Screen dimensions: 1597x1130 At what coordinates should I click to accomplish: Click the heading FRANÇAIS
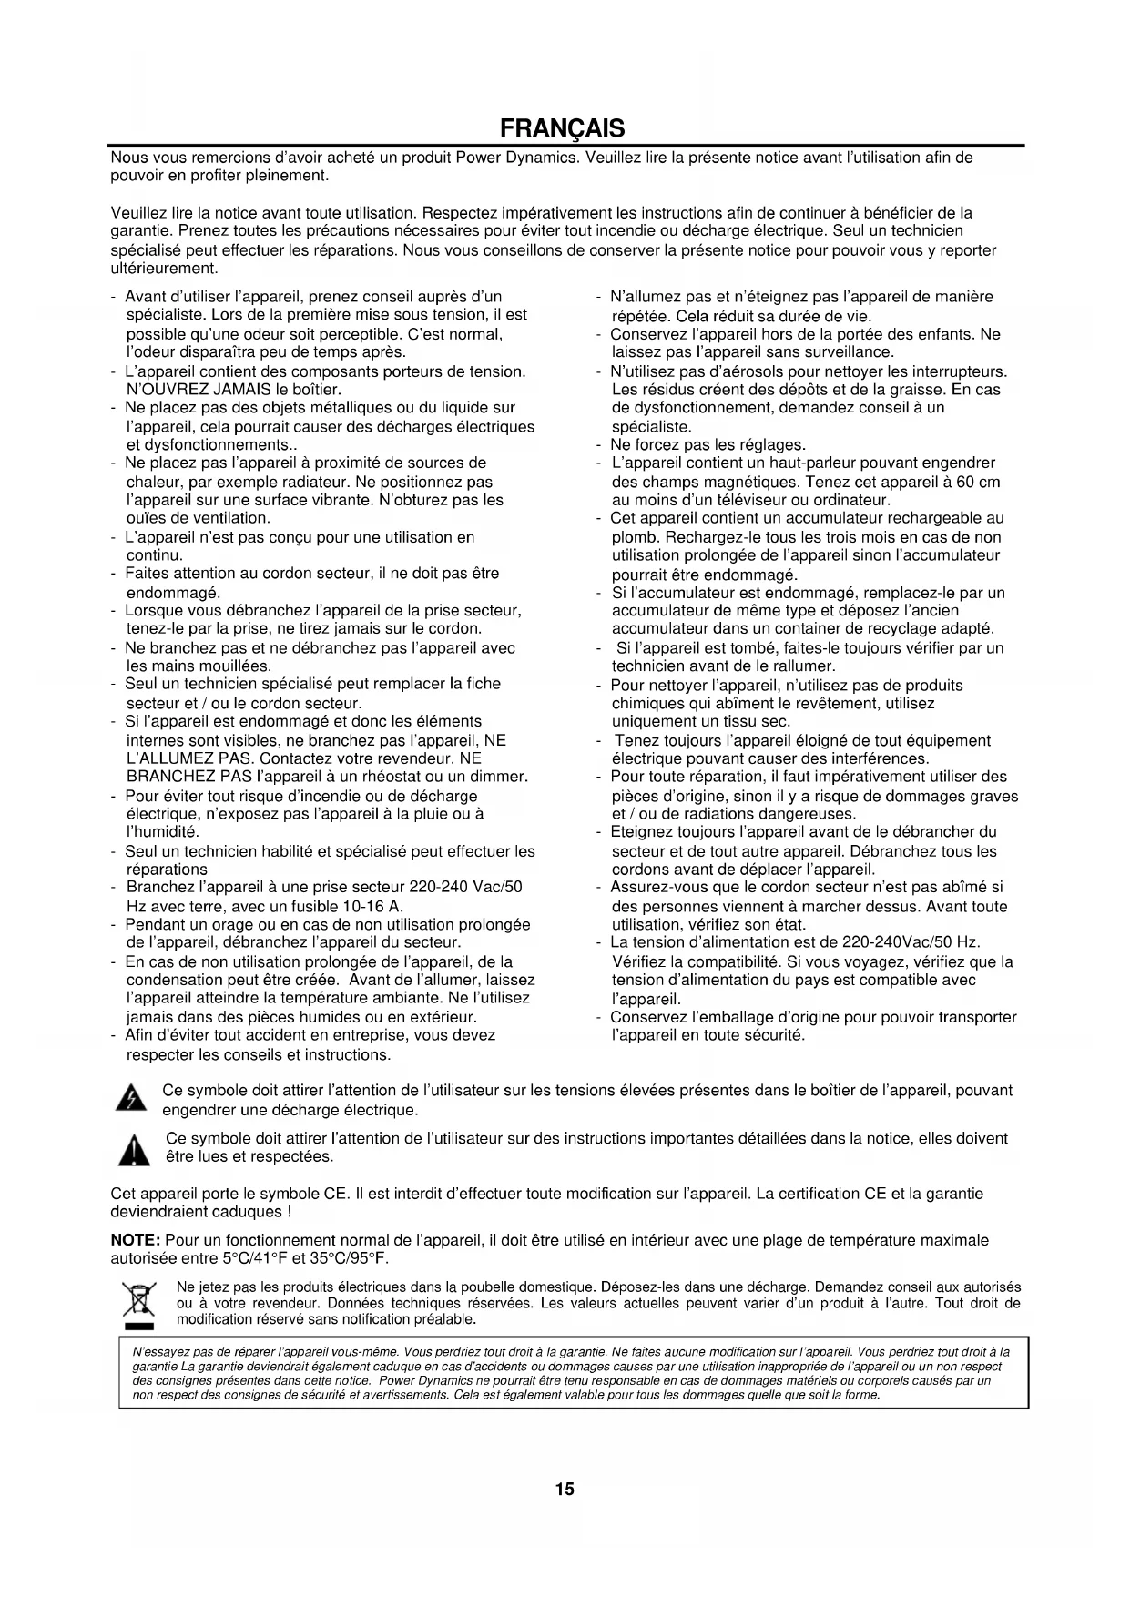[565, 127]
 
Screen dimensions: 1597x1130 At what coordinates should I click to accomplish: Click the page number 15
[565, 1490]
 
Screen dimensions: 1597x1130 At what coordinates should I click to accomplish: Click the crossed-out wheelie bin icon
[138, 1303]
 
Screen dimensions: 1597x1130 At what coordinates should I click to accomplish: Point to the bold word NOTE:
[136, 1240]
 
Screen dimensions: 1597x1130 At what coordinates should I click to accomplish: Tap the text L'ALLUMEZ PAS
[177, 758]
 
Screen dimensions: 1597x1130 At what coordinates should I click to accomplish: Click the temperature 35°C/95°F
[348, 1259]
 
